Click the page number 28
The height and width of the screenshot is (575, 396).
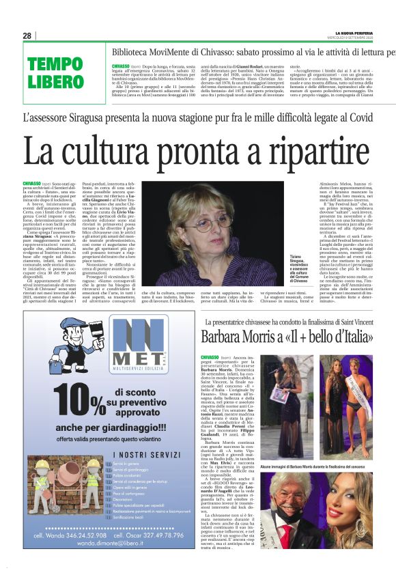[x=27, y=36]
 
